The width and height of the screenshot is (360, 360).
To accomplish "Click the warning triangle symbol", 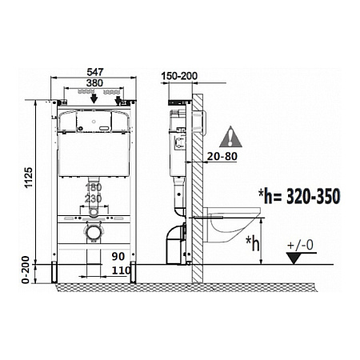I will [x=232, y=134].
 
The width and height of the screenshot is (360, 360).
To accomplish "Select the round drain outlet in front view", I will [x=94, y=233].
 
